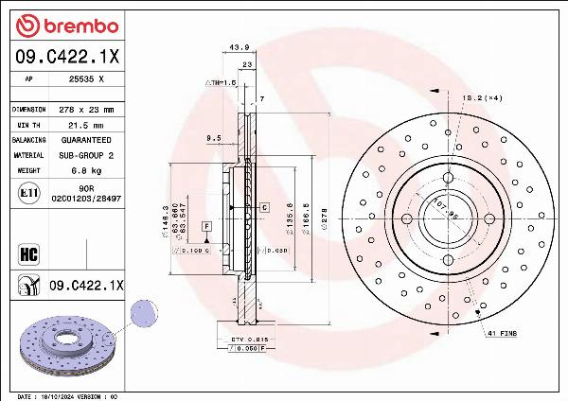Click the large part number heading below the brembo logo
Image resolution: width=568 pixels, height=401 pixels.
pos(67,56)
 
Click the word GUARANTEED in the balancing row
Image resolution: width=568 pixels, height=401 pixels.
pos(85,139)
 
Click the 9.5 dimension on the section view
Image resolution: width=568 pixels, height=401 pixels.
pos(213,138)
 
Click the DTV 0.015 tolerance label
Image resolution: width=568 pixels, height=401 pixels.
pos(244,338)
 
